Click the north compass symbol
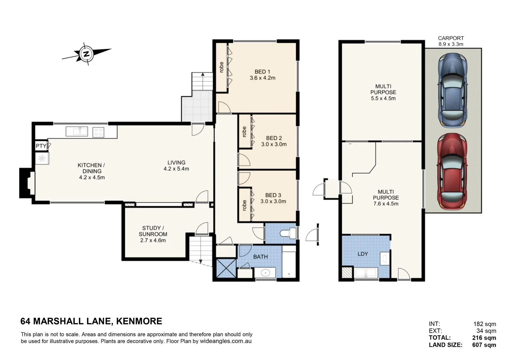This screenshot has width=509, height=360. [x=87, y=54]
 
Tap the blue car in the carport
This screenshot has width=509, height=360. [x=452, y=90]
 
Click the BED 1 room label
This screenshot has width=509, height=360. [x=262, y=72]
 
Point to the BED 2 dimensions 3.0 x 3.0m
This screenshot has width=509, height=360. [x=274, y=144]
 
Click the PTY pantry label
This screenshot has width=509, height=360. [x=41, y=146]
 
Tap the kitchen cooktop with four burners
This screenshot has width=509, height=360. [x=98, y=132]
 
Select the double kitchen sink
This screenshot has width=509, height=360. [x=77, y=132]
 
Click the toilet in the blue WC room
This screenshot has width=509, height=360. [x=288, y=233]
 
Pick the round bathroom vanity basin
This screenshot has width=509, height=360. [x=265, y=273]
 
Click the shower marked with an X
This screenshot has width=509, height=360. [x=226, y=268]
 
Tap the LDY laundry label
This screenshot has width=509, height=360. [x=363, y=254]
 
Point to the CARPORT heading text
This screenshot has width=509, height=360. [x=451, y=38]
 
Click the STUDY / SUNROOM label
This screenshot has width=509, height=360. [x=153, y=231]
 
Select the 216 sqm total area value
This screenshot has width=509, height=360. [x=484, y=338]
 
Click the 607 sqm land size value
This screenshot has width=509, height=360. [x=484, y=345]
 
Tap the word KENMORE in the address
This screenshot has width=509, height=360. [x=139, y=321]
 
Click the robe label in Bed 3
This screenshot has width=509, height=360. [x=244, y=205]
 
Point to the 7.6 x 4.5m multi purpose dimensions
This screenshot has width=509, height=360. [x=386, y=204]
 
